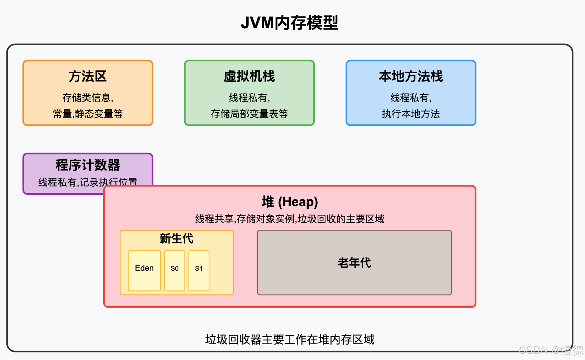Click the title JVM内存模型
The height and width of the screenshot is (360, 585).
point(289,23)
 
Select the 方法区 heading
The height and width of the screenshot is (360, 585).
point(88,76)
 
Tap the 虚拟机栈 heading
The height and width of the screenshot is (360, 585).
point(249,76)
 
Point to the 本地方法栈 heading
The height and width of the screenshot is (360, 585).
point(411,76)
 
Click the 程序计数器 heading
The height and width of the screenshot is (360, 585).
point(88,165)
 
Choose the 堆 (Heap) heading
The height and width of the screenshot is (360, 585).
point(290,202)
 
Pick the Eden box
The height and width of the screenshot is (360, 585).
point(144,270)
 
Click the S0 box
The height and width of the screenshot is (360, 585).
point(175,270)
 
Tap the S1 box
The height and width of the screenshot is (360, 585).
point(199,270)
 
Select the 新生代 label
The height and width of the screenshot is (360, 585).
point(176,238)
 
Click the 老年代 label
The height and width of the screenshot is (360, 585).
point(354,263)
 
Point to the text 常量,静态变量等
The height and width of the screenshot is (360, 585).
point(88,114)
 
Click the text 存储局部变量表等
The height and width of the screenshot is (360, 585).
point(249,114)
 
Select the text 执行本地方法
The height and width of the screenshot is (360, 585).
point(411,114)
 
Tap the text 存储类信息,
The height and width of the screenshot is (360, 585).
point(88,98)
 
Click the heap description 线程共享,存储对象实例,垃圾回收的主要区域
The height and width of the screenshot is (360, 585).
point(290,219)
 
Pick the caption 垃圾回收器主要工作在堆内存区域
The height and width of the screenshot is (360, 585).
point(290,339)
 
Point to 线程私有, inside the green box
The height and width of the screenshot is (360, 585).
point(249,98)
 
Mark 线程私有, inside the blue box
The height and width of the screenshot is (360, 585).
point(411,98)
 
